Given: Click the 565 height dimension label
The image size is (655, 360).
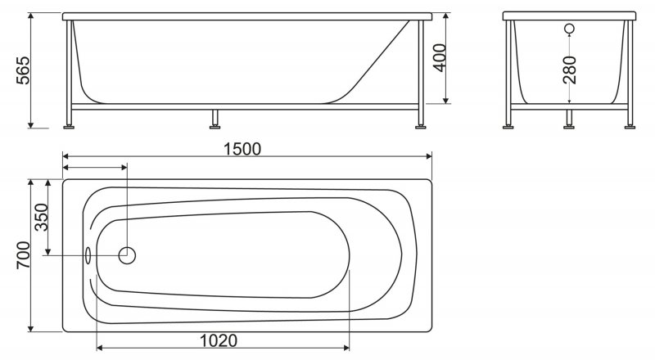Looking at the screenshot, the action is [24, 70].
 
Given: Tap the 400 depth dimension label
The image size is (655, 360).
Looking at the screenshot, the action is [440, 57].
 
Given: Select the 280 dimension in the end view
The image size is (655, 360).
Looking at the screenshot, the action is [569, 70].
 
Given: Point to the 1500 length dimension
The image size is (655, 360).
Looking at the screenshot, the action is [242, 149].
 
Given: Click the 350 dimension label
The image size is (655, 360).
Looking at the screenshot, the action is [42, 217].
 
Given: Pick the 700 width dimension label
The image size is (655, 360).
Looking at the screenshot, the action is [24, 255].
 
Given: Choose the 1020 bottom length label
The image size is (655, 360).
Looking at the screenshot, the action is [219, 341].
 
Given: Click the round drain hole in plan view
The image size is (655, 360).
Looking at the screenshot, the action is [127, 255].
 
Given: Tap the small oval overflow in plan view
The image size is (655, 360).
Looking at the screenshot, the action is [88, 255].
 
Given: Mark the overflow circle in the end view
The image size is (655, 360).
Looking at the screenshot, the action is [569, 29].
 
